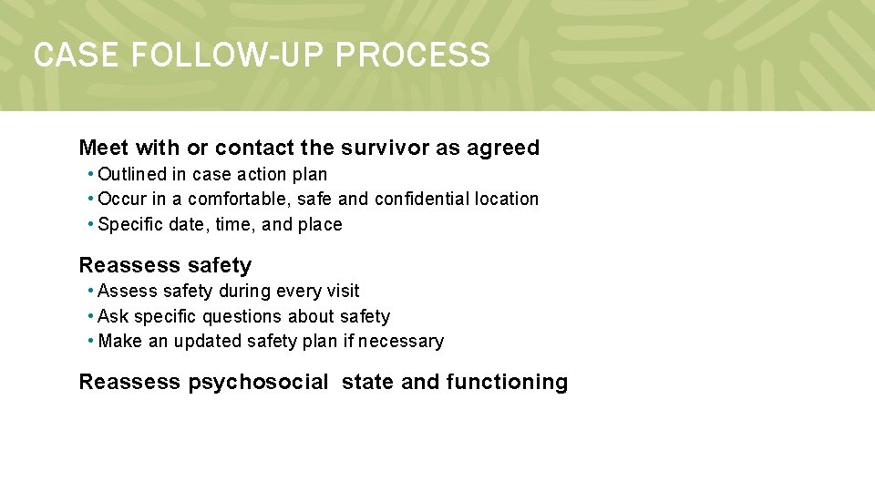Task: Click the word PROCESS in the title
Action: pyautogui.click(x=412, y=56)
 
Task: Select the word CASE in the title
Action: pyautogui.click(x=77, y=56)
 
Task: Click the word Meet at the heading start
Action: pyautogui.click(x=102, y=148)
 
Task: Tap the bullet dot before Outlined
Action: pyautogui.click(x=91, y=174)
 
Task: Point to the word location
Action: pyautogui.click(x=507, y=199)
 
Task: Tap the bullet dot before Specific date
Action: pyautogui.click(x=91, y=224)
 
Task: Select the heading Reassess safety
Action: pyautogui.click(x=165, y=265)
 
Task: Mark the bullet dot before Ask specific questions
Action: pyautogui.click(x=91, y=316)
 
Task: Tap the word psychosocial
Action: pyautogui.click(x=258, y=382)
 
